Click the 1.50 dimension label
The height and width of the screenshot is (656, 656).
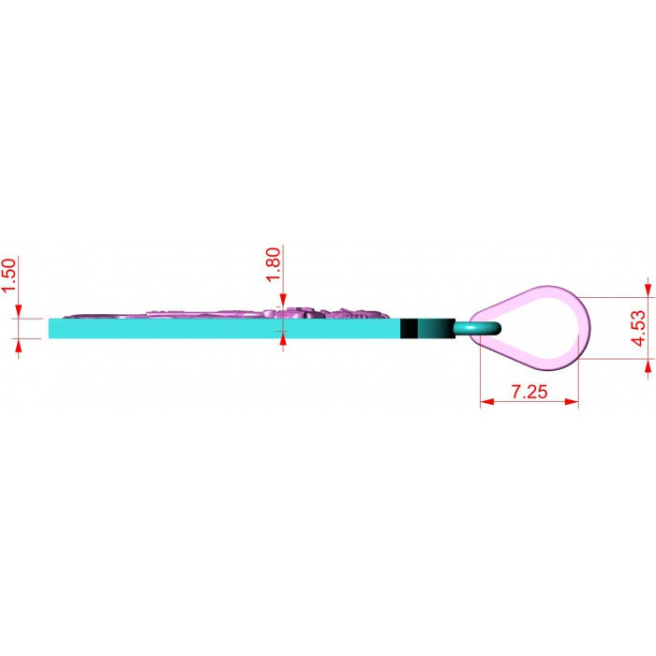pos(9,276)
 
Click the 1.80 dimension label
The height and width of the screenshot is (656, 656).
pos(274,265)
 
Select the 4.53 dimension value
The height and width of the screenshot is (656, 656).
pos(638,328)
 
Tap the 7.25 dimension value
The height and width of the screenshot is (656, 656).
pos(529,392)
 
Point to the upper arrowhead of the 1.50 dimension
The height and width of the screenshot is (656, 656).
pos(19,311)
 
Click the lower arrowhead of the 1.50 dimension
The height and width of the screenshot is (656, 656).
pos(19,345)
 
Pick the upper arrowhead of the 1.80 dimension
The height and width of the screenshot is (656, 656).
pos(283,300)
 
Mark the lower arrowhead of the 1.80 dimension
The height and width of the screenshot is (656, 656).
pos(283,339)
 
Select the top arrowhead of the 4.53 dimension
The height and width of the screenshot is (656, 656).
pos(649,290)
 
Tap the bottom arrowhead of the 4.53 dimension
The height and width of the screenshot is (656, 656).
pos(649,366)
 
